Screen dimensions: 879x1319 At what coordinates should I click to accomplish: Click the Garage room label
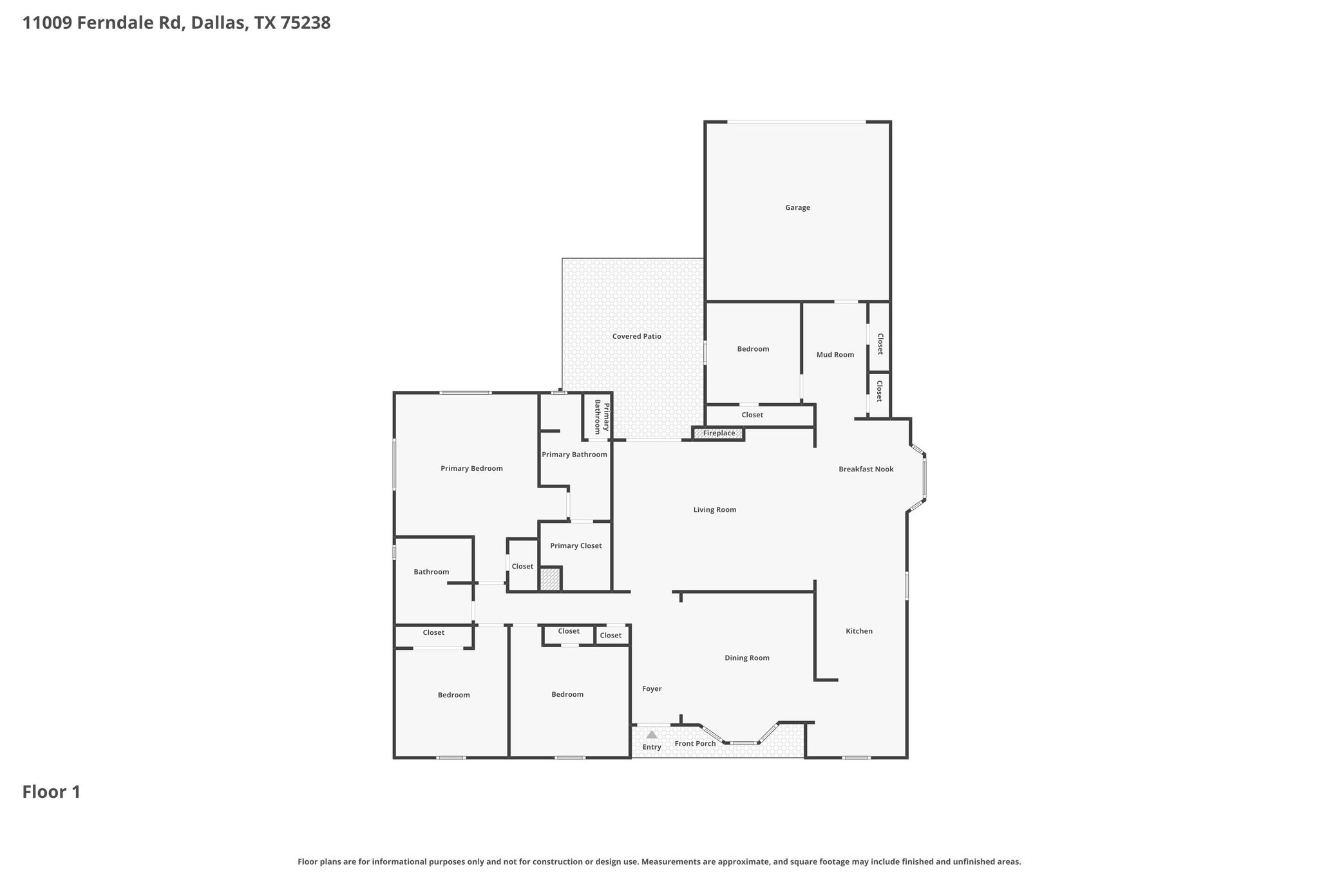797,207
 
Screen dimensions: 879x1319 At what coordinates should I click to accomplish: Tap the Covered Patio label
636,336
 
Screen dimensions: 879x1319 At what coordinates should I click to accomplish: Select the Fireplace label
719,433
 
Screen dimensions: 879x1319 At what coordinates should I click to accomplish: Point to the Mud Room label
835,355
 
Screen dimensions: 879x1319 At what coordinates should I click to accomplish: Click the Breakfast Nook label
866,469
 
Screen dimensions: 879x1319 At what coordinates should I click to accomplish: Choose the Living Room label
714,510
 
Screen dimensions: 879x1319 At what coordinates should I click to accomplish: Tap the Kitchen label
859,631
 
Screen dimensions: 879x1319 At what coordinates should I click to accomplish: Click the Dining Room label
746,658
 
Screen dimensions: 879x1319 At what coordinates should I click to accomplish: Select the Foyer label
652,689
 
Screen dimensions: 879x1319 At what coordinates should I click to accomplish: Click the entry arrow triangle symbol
652,735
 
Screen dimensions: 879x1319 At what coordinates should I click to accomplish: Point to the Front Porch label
695,744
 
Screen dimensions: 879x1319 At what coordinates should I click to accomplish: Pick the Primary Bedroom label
471,469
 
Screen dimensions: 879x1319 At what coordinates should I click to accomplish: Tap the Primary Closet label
576,546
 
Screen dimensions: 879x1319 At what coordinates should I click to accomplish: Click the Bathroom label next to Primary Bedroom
431,572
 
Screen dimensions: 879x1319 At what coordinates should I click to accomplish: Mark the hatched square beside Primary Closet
550,579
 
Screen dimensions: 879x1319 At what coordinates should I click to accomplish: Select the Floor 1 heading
52,792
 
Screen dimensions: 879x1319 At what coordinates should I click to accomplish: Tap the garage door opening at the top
796,122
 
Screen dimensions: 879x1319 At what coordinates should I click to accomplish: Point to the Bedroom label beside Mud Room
753,349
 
